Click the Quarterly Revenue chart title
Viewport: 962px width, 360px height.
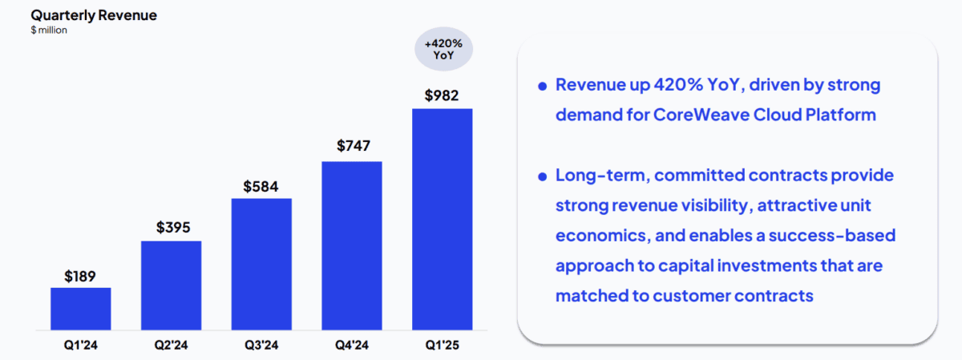[x=93, y=14]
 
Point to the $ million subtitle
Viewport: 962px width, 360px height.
[x=49, y=30]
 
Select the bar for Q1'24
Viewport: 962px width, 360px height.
[x=80, y=309]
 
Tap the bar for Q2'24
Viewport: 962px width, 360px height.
[x=171, y=285]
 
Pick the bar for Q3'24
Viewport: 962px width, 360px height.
[x=261, y=264]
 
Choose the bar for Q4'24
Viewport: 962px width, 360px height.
[x=352, y=245]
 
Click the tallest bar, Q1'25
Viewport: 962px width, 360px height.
[x=442, y=219]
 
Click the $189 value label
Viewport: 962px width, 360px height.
[x=80, y=277]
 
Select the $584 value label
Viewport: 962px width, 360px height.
[x=261, y=186]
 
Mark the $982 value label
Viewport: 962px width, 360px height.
[x=442, y=95]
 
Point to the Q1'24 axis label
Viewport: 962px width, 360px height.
[x=80, y=346]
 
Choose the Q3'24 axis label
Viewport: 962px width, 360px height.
[x=261, y=346]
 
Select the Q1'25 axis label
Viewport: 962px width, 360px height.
[x=442, y=346]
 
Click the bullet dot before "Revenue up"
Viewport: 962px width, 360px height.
[x=543, y=86]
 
